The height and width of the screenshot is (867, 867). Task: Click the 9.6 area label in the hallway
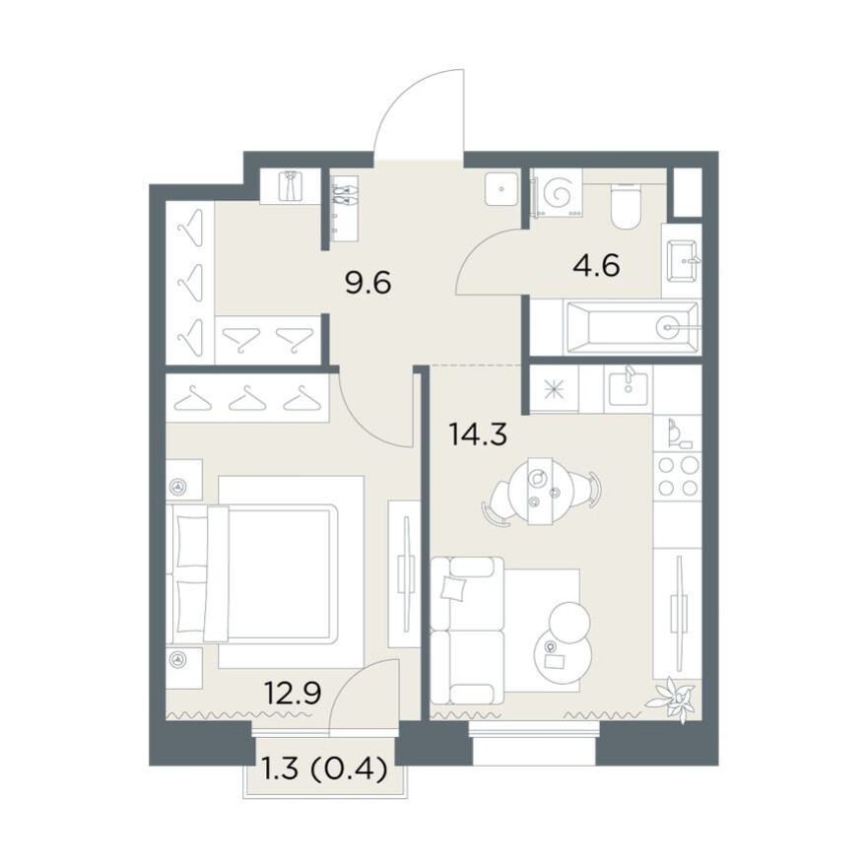[x=367, y=283]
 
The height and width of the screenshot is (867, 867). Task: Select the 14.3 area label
[x=478, y=434]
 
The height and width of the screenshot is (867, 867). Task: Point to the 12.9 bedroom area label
[x=293, y=693]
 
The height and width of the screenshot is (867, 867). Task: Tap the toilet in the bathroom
[x=626, y=206]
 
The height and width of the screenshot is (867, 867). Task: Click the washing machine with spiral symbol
[x=557, y=192]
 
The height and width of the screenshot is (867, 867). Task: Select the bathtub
[x=631, y=327]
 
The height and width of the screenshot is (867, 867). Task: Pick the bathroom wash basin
[x=683, y=260]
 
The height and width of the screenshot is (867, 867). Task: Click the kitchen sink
[x=629, y=389]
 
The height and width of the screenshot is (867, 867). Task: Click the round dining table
[x=541, y=490]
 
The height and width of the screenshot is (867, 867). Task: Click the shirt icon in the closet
[x=291, y=185]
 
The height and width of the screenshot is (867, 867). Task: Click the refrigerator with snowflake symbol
[x=554, y=389]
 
